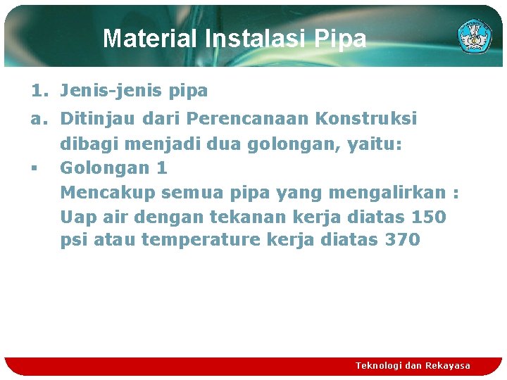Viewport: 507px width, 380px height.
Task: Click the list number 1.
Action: (x=39, y=91)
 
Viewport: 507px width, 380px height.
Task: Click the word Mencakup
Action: (x=108, y=192)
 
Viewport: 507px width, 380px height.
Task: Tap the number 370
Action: (x=402, y=240)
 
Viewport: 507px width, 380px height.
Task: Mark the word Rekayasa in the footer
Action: (x=448, y=365)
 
